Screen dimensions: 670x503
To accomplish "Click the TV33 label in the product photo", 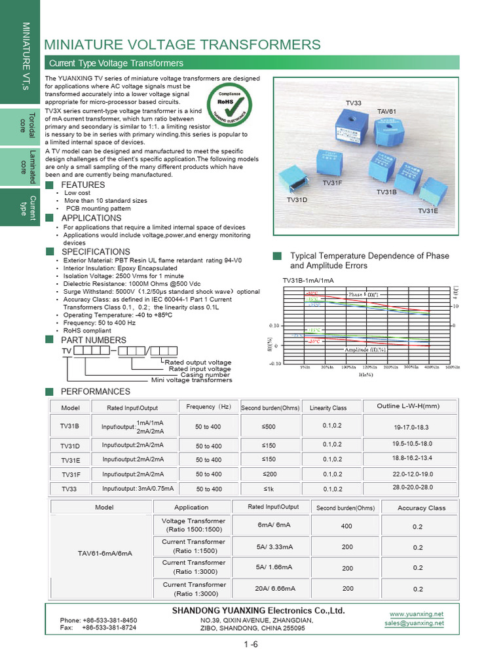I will pyautogui.click(x=354, y=103).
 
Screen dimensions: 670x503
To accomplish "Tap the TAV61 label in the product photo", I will pyautogui.click(x=387, y=111).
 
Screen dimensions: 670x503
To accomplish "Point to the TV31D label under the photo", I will pyautogui.click(x=297, y=199).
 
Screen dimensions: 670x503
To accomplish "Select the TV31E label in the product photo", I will pyautogui.click(x=428, y=211).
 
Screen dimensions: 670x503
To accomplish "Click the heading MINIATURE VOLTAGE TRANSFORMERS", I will pyautogui.click(x=182, y=44).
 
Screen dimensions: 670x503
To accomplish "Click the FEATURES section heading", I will pyautogui.click(x=83, y=185).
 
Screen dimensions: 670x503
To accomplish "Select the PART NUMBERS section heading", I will pyautogui.click(x=94, y=340).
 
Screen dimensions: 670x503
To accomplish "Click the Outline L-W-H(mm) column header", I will pyautogui.click(x=407, y=406).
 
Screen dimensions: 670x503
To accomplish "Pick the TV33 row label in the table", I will pyautogui.click(x=69, y=489).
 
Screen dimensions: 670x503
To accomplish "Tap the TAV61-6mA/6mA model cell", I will pyautogui.click(x=105, y=553).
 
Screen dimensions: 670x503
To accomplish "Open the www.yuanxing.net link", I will pyautogui.click(x=417, y=614).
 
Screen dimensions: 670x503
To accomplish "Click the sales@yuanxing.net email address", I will pyautogui.click(x=414, y=624).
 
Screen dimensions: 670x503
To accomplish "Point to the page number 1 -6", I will pyautogui.click(x=251, y=645).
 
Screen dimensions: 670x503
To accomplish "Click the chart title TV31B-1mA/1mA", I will pyautogui.click(x=308, y=280).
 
